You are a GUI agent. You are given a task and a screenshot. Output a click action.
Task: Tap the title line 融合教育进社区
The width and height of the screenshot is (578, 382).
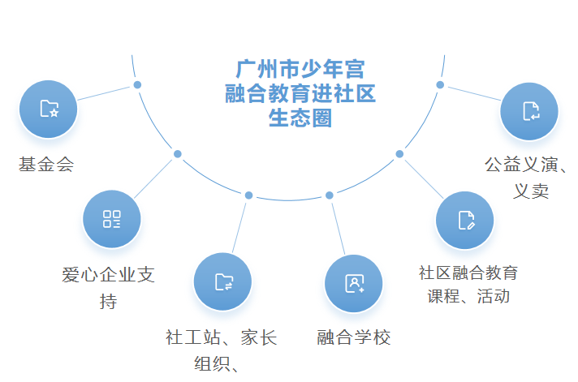click(300, 94)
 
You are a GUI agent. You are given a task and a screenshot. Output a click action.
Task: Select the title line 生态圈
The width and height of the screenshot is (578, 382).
click(300, 119)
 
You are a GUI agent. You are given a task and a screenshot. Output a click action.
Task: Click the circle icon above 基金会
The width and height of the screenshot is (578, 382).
click(49, 109)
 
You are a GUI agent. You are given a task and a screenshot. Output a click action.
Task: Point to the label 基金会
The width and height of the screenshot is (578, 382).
click(46, 165)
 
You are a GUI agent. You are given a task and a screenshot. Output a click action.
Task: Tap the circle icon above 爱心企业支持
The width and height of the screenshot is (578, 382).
click(111, 219)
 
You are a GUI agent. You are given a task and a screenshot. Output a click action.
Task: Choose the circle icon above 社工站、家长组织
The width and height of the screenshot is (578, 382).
click(223, 281)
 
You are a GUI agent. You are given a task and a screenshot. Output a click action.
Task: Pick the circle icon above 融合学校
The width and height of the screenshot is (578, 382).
click(354, 283)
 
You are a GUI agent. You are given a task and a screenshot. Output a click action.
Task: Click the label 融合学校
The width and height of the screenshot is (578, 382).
click(354, 337)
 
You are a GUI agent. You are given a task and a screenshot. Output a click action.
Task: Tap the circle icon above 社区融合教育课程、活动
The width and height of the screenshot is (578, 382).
click(465, 220)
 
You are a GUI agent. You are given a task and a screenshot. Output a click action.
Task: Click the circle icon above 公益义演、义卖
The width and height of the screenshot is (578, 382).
click(529, 111)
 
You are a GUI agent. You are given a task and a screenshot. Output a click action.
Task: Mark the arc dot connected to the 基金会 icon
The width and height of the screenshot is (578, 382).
click(137, 85)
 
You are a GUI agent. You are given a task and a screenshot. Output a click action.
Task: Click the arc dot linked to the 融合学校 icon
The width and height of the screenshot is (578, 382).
click(330, 195)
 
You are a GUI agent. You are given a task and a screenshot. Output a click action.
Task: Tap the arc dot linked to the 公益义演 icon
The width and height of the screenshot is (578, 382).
click(440, 84)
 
